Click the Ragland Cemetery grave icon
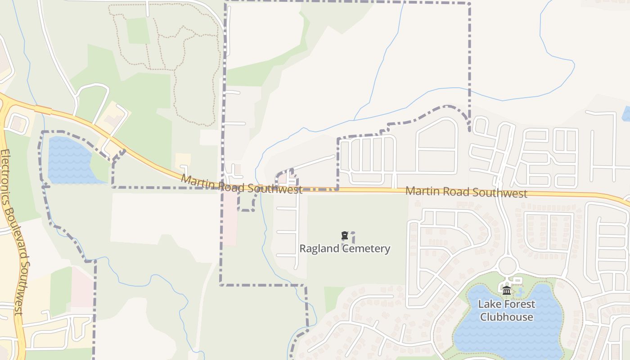pyautogui.click(x=345, y=235)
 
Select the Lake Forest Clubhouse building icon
pyautogui.click(x=507, y=291)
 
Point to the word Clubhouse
pyautogui.click(x=506, y=317)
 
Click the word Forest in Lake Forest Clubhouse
pyautogui.click(x=517, y=304)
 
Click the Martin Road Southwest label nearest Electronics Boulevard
pyautogui.click(x=241, y=184)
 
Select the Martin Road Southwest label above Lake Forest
pyautogui.click(x=466, y=192)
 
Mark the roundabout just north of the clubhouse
pyautogui.click(x=507, y=265)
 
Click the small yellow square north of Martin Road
pyautogui.click(x=183, y=159)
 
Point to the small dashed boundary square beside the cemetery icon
pyautogui.click(x=351, y=237)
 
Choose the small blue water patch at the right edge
pyautogui.click(x=626, y=113)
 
